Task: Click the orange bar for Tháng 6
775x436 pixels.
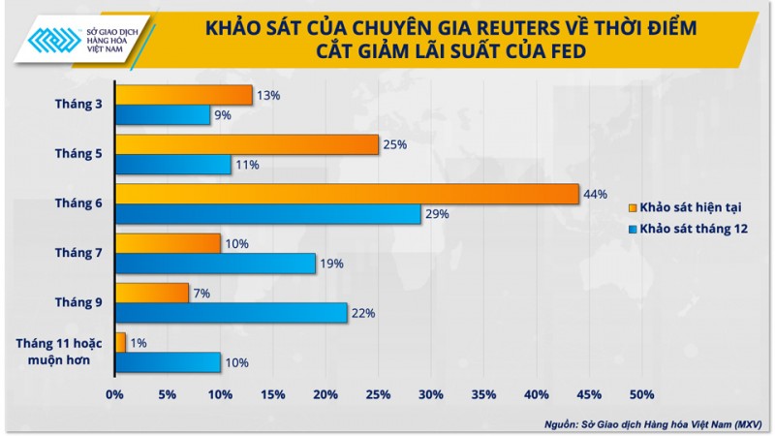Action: point(347,194)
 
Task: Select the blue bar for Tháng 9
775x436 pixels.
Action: point(231,313)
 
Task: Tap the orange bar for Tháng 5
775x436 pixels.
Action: point(246,144)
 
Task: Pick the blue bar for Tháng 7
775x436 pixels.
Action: point(215,263)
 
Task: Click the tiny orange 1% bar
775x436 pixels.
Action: point(120,342)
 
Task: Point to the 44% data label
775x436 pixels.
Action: point(595,194)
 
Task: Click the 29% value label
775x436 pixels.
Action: point(436,214)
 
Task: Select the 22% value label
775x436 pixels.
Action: point(362,313)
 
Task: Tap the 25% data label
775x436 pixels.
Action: point(394,144)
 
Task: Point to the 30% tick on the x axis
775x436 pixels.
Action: point(431,394)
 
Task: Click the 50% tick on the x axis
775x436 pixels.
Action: point(642,394)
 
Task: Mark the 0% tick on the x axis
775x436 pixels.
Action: point(114,394)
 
